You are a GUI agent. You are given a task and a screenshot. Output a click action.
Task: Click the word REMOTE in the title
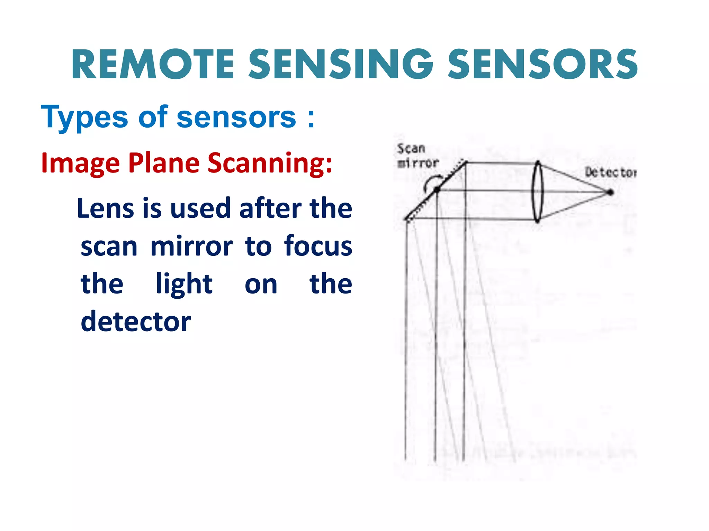click(153, 65)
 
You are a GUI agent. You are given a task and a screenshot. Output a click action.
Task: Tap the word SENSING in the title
click(341, 65)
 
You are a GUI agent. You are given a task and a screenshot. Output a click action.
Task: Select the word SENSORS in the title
click(542, 65)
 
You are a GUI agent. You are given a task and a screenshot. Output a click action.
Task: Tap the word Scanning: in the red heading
click(270, 164)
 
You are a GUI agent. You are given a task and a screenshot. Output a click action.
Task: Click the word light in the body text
click(184, 285)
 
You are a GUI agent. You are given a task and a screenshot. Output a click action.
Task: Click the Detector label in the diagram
click(610, 172)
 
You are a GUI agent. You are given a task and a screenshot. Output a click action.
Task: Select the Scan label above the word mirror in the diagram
click(411, 149)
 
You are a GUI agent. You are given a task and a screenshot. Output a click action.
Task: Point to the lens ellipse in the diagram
click(537, 192)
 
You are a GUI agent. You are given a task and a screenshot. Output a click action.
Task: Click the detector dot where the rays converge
click(610, 192)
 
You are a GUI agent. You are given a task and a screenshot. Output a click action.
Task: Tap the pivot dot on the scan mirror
click(437, 189)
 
